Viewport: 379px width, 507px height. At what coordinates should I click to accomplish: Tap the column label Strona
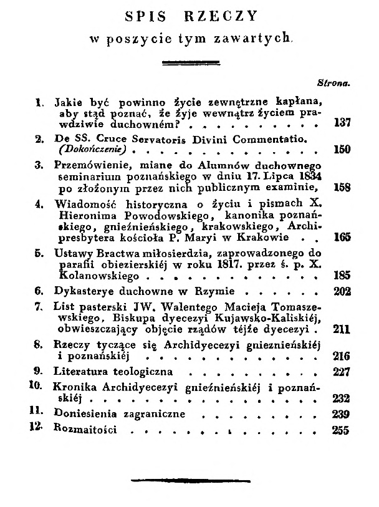[335, 82]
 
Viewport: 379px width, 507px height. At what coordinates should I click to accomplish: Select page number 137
[342, 123]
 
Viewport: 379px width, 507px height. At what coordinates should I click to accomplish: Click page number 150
[342, 150]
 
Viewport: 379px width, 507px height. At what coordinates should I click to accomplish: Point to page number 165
[342, 237]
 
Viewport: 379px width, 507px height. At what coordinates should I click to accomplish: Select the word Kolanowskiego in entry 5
[94, 274]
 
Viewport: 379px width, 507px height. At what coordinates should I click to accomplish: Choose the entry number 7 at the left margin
[39, 306]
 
